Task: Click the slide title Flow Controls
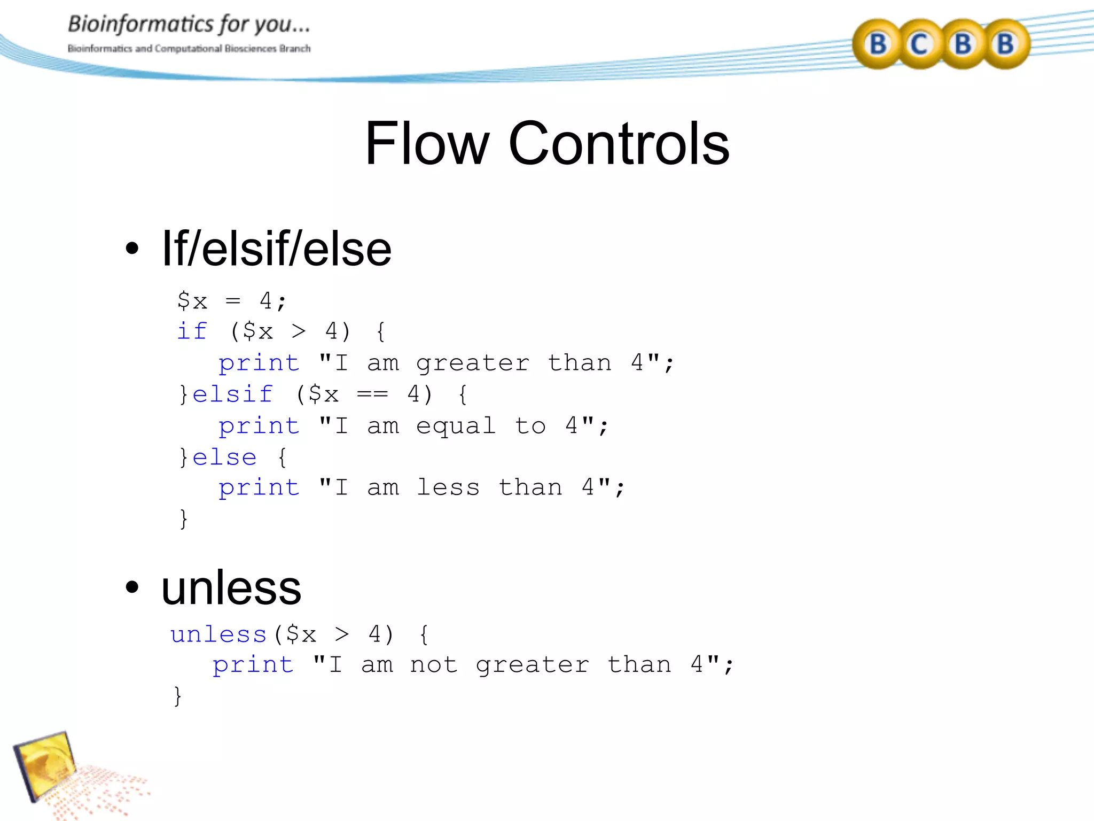(x=547, y=143)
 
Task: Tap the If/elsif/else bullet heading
(x=276, y=249)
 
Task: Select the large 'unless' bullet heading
(x=231, y=588)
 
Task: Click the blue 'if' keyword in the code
(x=192, y=331)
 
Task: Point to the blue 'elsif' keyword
(x=233, y=394)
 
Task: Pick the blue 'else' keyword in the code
(x=224, y=458)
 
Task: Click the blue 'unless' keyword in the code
(x=218, y=634)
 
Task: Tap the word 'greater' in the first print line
(x=473, y=363)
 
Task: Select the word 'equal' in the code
(x=456, y=426)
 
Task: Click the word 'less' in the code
(x=448, y=487)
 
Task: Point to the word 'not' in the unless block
(x=434, y=665)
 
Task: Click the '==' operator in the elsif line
(x=372, y=394)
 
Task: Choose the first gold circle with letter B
(x=878, y=44)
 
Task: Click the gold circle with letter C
(x=919, y=44)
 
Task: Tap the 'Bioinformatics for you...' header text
(x=189, y=24)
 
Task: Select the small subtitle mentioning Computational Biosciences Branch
(x=189, y=49)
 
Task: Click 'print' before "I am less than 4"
(x=259, y=487)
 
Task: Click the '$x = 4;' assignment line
(x=232, y=301)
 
